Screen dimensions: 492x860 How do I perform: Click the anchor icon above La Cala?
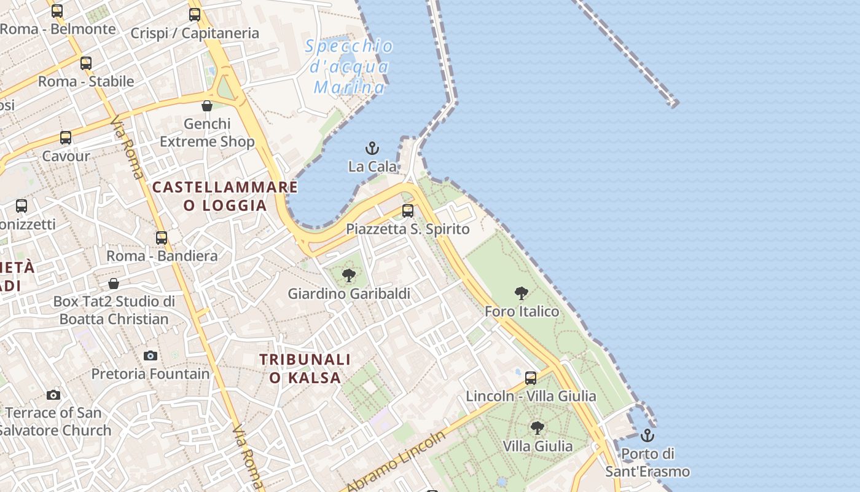372,148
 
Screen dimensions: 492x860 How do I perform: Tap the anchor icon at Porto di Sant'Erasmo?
647,435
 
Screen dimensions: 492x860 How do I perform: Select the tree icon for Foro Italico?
522,293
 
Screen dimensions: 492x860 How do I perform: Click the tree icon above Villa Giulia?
537,427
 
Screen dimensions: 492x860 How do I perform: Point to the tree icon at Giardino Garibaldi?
349,275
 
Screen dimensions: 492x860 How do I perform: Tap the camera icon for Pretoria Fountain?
150,355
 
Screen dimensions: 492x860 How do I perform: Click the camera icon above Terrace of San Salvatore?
53,395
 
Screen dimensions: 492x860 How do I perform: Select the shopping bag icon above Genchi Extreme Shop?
207,106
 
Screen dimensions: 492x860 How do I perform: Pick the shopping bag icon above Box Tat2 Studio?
114,284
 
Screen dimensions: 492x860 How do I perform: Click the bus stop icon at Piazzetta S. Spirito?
408,211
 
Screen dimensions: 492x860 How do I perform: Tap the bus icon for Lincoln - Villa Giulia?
531,378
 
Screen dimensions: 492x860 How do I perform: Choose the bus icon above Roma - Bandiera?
162,237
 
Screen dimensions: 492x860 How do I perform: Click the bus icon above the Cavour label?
66,138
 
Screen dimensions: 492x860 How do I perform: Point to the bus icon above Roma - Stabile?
86,63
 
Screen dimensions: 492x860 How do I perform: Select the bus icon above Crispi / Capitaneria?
195,15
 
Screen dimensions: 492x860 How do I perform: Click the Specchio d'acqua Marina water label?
349,66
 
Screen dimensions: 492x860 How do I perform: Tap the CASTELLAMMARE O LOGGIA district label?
225,196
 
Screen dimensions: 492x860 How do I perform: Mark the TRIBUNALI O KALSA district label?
305,368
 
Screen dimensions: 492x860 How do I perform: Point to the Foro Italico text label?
522,311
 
